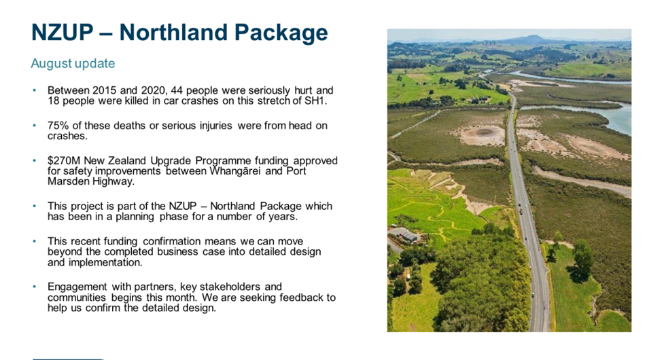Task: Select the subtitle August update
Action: pyautogui.click(x=73, y=63)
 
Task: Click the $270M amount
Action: pyautogui.click(x=64, y=161)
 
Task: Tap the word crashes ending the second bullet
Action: pyautogui.click(x=67, y=136)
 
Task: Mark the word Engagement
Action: pyautogui.click(x=77, y=287)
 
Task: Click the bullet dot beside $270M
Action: pyautogui.click(x=35, y=161)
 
